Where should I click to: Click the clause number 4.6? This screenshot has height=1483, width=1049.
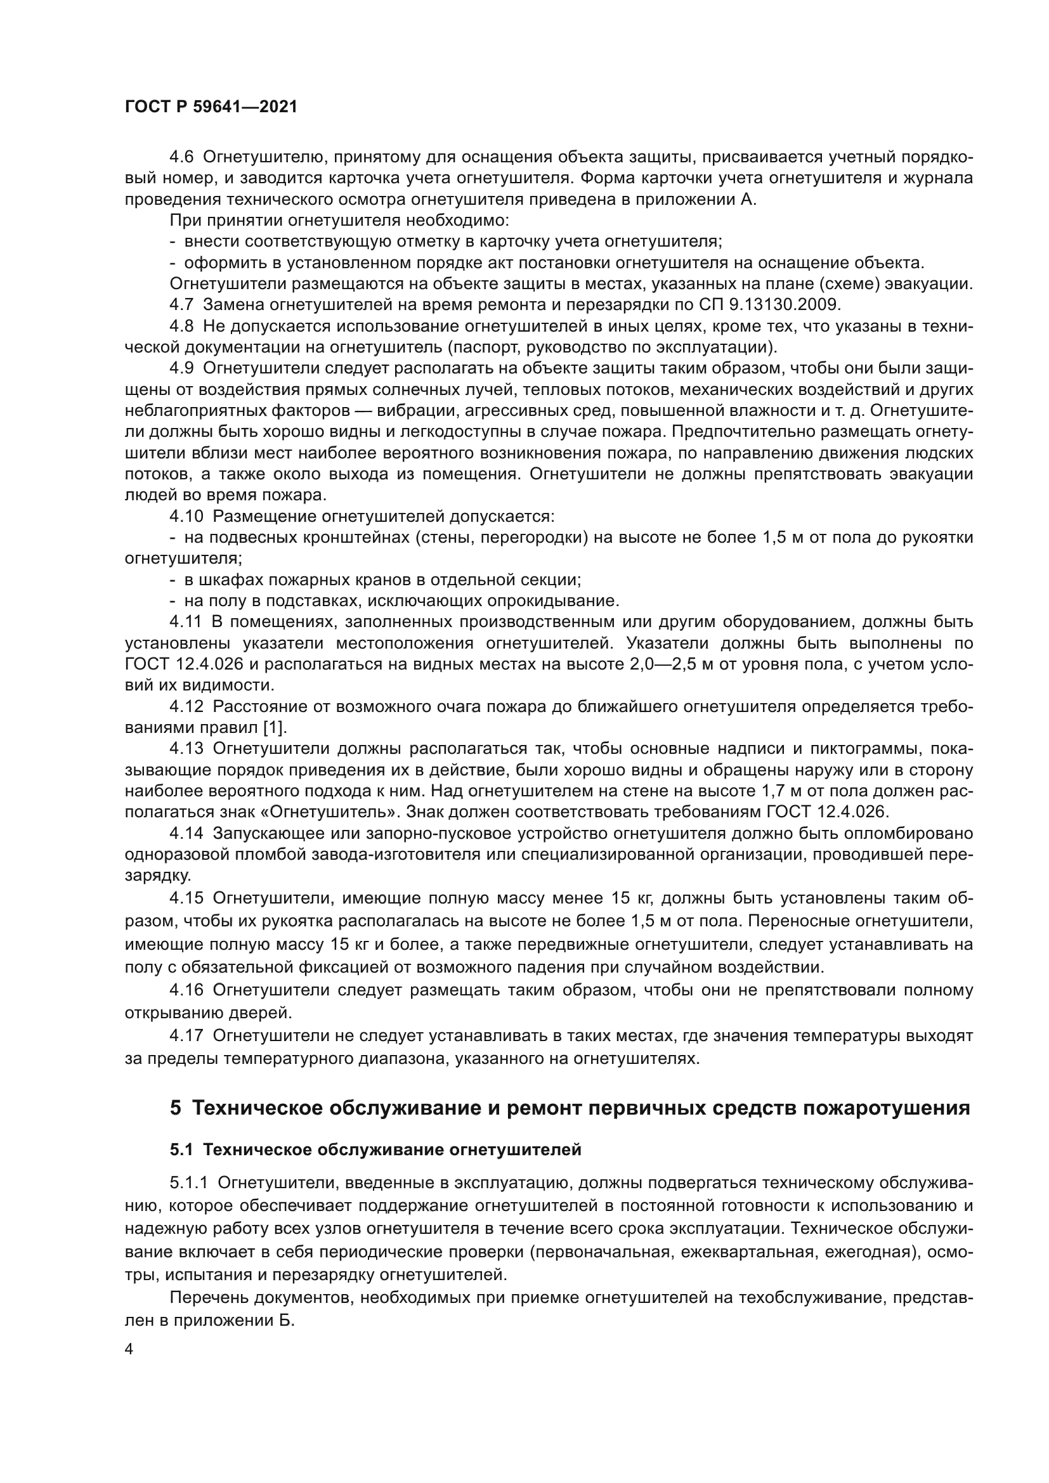pyautogui.click(x=181, y=157)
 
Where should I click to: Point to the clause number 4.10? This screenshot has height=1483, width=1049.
pyautogui.click(x=186, y=517)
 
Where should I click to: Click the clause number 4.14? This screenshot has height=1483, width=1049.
pyautogui.click(x=186, y=833)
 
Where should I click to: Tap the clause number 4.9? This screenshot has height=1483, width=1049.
pyautogui.click(x=181, y=368)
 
